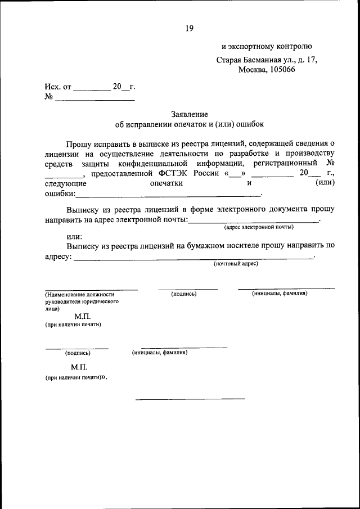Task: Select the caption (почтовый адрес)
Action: pyautogui.click(x=235, y=263)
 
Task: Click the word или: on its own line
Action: pyautogui.click(x=74, y=236)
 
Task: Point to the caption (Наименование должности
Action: pyautogui.click(x=80, y=294)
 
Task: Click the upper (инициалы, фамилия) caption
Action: pyautogui.click(x=279, y=293)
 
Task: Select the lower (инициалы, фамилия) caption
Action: pyautogui.click(x=160, y=352)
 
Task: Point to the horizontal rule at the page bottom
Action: pyautogui.click(x=190, y=399)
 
